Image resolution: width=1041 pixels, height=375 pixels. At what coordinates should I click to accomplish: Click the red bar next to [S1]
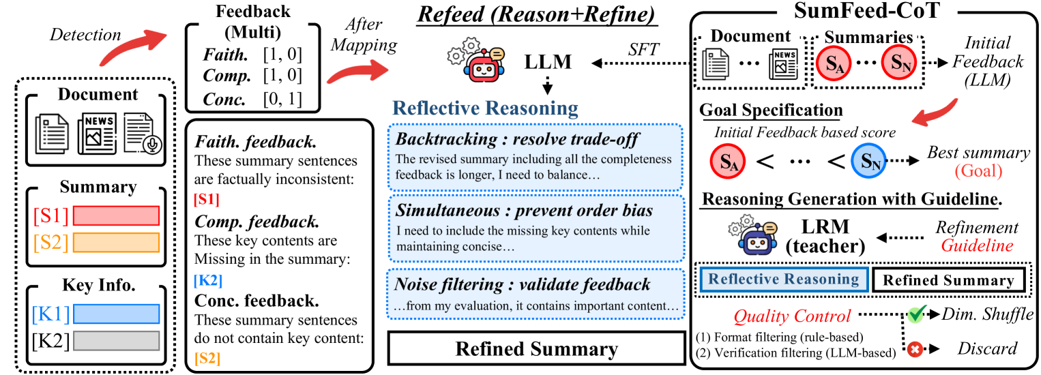tap(116, 215)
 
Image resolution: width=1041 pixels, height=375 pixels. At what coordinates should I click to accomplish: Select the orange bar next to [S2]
tap(116, 243)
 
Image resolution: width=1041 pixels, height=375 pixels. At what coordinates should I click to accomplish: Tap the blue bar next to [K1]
tap(116, 313)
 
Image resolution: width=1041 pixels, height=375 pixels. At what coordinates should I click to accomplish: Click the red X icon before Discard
tap(915, 349)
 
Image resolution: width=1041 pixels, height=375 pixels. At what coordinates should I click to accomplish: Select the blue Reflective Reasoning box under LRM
tap(782, 279)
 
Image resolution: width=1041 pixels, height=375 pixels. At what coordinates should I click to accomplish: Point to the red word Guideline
tap(977, 245)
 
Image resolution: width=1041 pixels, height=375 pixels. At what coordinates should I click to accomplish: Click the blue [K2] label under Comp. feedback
tap(208, 278)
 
